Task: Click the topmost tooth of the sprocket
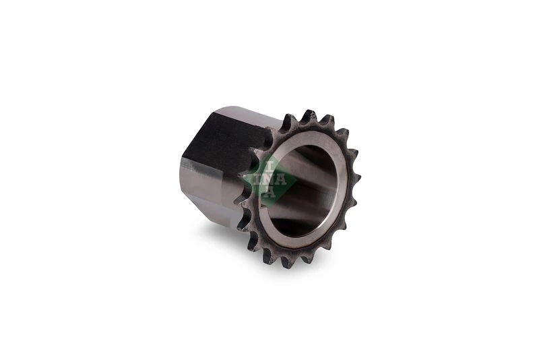pos(309,116)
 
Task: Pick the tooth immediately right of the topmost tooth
pos(327,121)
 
